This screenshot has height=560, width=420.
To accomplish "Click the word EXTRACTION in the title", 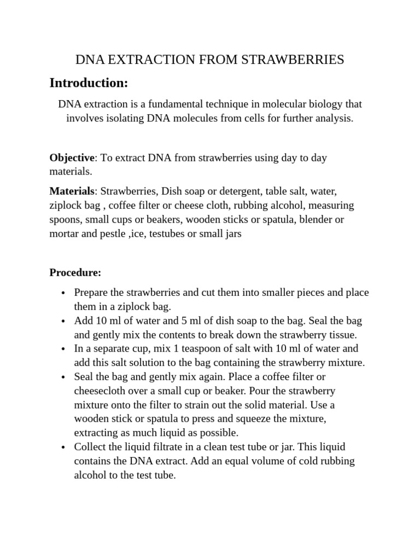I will [x=142, y=60].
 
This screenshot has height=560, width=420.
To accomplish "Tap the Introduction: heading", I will [x=89, y=83].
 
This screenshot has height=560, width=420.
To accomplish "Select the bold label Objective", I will [x=72, y=157].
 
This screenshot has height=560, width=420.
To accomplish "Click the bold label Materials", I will [x=72, y=191].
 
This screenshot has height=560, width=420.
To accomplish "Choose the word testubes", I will [x=187, y=234].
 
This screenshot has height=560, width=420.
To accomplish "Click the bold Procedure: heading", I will [x=75, y=272].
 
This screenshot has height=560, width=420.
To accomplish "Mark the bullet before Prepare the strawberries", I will [x=64, y=293].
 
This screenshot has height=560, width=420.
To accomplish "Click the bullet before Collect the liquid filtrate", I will [x=64, y=447].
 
